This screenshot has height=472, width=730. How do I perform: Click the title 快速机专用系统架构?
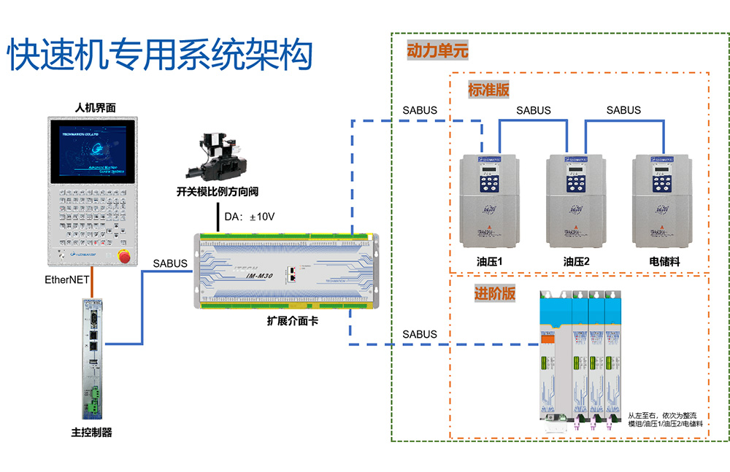click(160, 55)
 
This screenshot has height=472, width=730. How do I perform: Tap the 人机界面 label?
click(95, 108)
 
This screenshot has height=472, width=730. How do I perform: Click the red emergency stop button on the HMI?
click(125, 255)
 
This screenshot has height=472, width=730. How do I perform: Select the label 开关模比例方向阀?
click(218, 193)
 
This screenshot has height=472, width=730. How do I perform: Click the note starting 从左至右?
click(665, 418)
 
